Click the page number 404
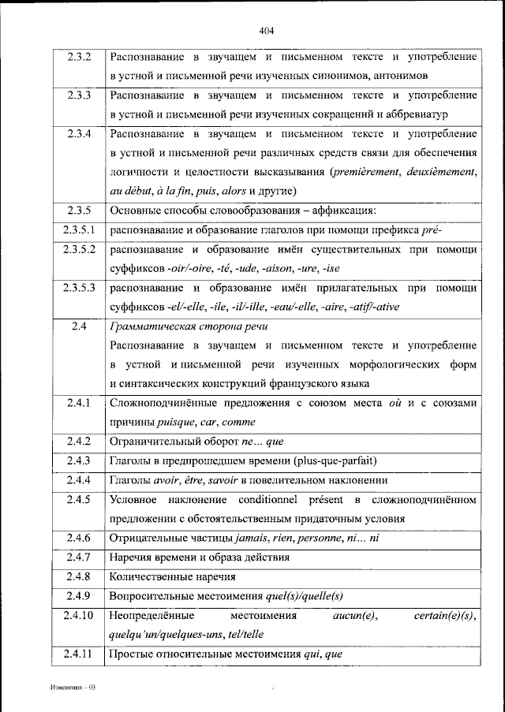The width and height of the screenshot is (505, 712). click(x=265, y=31)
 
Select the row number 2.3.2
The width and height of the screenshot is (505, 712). click(x=79, y=58)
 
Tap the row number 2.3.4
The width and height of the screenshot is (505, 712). click(x=79, y=133)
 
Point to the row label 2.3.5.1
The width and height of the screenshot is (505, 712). click(x=79, y=229)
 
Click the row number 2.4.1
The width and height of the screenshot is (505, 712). click(x=79, y=403)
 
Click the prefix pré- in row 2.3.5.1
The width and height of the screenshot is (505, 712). click(x=433, y=229)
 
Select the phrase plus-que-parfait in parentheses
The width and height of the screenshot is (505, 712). click(x=327, y=460)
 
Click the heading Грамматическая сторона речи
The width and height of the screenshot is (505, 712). click(x=189, y=326)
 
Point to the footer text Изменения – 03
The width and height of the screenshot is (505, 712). click(x=70, y=688)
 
